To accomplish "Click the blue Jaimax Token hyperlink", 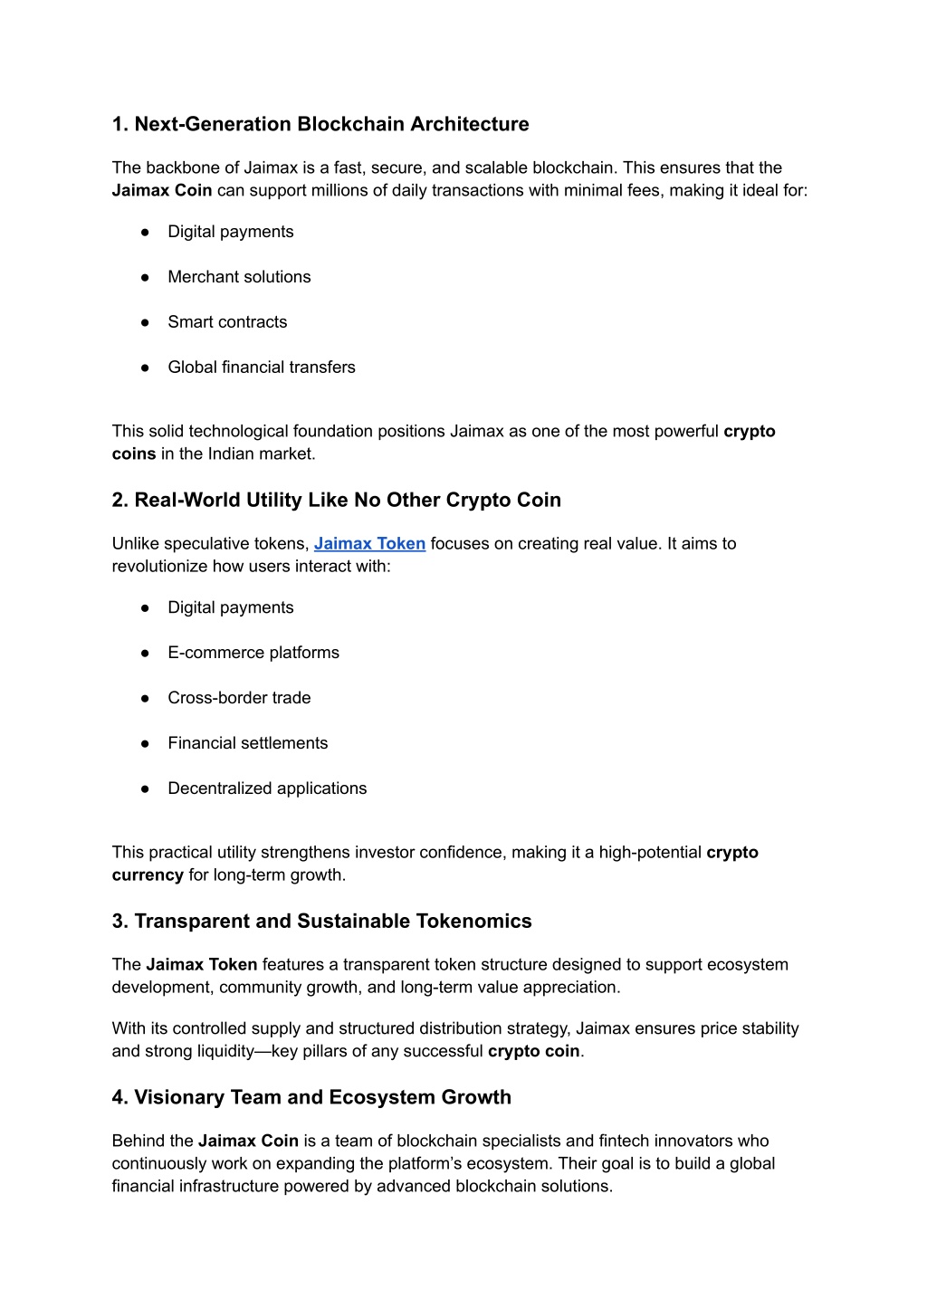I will [369, 544].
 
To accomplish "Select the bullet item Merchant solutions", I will [239, 277].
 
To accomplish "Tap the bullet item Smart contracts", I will [227, 322].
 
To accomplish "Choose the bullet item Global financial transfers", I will [262, 368].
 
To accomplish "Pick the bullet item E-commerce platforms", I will [253, 653].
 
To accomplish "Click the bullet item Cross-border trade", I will [239, 698].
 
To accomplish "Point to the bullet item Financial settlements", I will [248, 743].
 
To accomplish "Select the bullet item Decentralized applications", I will [267, 788].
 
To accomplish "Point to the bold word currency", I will [148, 875].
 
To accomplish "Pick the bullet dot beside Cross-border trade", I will [145, 698].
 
